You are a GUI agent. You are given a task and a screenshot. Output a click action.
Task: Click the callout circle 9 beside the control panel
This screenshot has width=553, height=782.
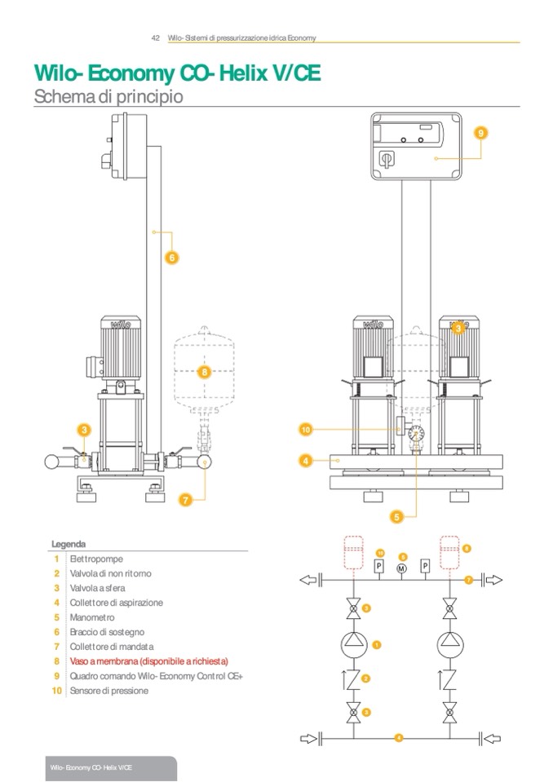(480, 132)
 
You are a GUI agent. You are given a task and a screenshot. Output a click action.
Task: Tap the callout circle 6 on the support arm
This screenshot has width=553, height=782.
(172, 258)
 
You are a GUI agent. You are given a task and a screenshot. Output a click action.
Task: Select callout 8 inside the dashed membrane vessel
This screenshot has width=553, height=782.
(205, 372)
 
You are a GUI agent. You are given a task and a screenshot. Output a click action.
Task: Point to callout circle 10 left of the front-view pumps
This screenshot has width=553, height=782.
(306, 429)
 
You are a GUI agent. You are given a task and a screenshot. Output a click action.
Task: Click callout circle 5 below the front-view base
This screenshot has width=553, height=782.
(397, 515)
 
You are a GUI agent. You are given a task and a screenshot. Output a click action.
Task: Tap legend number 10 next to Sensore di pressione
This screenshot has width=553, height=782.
(56, 691)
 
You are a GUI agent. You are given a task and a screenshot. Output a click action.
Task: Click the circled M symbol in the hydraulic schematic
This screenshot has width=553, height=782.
(402, 568)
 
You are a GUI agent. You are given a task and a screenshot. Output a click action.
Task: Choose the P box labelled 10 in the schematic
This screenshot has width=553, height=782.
(379, 567)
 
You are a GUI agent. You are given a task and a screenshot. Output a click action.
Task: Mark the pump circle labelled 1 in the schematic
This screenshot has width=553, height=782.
(353, 643)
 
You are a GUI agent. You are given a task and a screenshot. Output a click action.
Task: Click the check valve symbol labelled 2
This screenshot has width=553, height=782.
(353, 678)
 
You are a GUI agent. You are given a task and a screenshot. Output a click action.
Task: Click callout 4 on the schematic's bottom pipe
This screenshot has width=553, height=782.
(399, 738)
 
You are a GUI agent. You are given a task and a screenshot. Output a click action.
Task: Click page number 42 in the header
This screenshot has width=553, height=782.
(156, 38)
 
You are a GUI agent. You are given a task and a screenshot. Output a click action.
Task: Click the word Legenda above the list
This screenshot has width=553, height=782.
(69, 544)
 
